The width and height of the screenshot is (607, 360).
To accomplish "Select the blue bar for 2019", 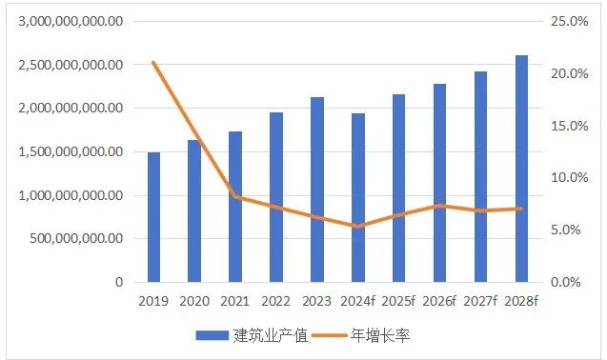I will point(153,217).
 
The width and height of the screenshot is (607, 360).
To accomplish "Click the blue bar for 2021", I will point(234,207).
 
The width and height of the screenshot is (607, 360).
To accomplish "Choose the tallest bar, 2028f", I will point(521,169).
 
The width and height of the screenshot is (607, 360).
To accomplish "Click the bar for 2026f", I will point(439,183).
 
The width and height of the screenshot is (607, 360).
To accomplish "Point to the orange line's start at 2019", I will point(153,63).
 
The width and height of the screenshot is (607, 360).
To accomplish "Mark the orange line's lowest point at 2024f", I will point(357,227).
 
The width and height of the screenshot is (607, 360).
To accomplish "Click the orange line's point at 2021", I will point(234,196).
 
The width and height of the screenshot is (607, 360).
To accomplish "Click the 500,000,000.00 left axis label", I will point(71,239).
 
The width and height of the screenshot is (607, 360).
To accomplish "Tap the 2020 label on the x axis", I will point(194,301).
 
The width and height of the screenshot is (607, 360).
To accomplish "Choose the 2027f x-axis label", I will point(480,301).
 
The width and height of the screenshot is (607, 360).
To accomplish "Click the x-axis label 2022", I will point(275,301).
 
